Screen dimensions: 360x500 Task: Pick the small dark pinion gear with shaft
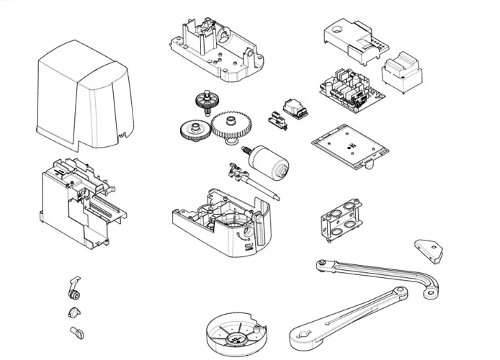(x=205, y=101)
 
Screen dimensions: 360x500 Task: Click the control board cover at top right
(x=353, y=40)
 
